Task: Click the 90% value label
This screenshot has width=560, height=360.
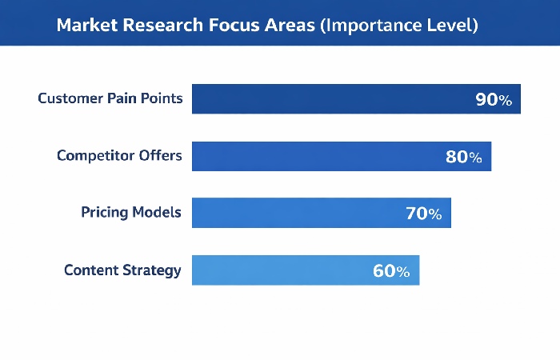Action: [493, 100]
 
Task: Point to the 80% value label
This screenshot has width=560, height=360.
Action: [464, 157]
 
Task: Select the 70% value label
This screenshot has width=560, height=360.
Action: [423, 214]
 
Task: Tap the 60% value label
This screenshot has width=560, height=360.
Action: [391, 271]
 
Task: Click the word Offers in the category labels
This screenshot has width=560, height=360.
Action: [161, 156]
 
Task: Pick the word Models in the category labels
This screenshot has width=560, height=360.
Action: [158, 213]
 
